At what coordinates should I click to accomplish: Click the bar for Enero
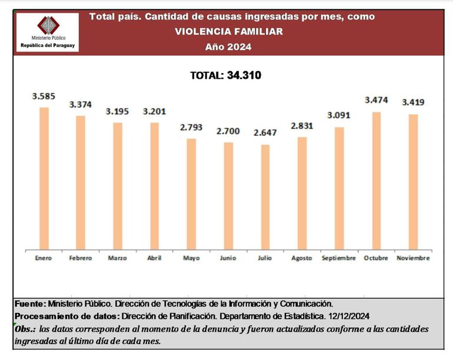(44, 177)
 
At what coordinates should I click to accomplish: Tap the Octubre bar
(377, 179)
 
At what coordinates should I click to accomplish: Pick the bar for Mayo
(191, 192)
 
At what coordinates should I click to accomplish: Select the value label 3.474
(377, 100)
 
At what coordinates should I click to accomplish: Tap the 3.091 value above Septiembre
(339, 115)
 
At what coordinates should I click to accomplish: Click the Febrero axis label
(80, 258)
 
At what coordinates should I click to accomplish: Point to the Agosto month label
(302, 258)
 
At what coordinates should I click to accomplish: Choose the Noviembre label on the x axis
(413, 258)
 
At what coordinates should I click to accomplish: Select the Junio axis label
(228, 258)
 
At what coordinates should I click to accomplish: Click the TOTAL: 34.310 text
(225, 75)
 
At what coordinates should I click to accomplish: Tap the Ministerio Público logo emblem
(48, 25)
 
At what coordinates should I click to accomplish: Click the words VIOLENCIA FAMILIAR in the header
(228, 31)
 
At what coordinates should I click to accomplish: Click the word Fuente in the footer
(29, 304)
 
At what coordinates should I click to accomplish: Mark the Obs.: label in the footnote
(26, 328)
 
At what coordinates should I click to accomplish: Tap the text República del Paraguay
(48, 45)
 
